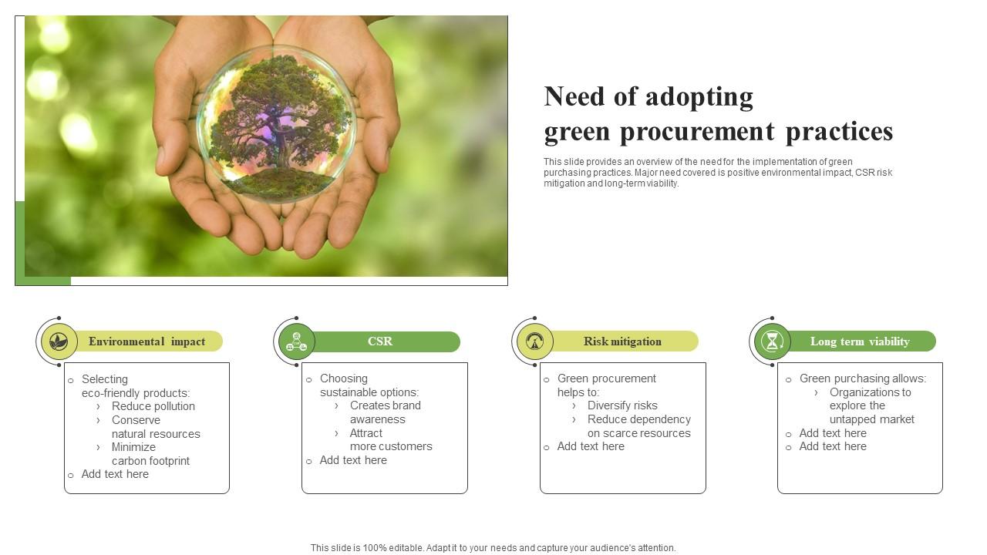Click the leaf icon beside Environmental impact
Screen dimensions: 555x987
(59, 341)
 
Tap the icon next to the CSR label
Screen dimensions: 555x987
(297, 341)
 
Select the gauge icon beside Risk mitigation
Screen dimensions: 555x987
(535, 341)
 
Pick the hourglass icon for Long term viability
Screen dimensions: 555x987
(773, 341)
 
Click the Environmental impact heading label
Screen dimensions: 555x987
(147, 341)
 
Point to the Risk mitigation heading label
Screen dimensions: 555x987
(622, 341)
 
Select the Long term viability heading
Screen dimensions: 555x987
(860, 341)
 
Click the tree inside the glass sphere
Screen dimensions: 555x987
(276, 123)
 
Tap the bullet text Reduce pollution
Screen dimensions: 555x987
(153, 406)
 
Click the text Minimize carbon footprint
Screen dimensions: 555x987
(150, 454)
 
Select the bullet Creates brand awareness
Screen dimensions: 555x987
(385, 412)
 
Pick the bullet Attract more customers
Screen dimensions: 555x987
(390, 439)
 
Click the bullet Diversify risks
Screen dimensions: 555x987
(622, 405)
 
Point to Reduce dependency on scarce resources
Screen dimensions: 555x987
(638, 426)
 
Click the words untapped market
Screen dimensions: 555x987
(871, 419)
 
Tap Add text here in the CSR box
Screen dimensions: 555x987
(353, 460)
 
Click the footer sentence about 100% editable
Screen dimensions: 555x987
(493, 548)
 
